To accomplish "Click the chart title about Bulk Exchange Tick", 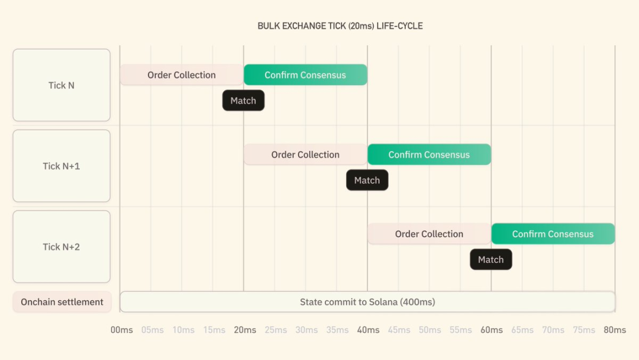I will click(x=340, y=26).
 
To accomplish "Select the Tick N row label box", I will click(x=62, y=85).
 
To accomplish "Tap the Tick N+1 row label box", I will click(x=62, y=166).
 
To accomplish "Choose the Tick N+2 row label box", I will click(x=62, y=246).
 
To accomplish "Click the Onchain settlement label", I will click(x=62, y=302).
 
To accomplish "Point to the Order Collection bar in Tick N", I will click(x=182, y=75).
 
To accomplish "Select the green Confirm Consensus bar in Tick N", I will click(x=305, y=75).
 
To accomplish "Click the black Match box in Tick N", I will click(x=243, y=101).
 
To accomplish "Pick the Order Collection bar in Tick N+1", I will click(x=305, y=155).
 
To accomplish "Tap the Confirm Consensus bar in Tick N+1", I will click(x=429, y=155).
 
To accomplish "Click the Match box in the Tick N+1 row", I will click(x=367, y=180).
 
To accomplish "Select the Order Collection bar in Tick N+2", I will click(x=429, y=234).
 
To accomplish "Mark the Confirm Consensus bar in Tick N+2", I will click(x=553, y=234).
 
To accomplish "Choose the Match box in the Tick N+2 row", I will click(x=490, y=259).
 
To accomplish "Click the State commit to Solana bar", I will click(x=367, y=302).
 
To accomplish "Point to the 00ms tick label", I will click(x=122, y=330).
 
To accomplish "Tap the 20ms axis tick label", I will click(x=245, y=330).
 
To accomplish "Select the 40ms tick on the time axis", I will click(x=368, y=330).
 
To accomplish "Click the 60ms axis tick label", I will click(x=492, y=330).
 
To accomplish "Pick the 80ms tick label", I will click(x=615, y=330).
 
